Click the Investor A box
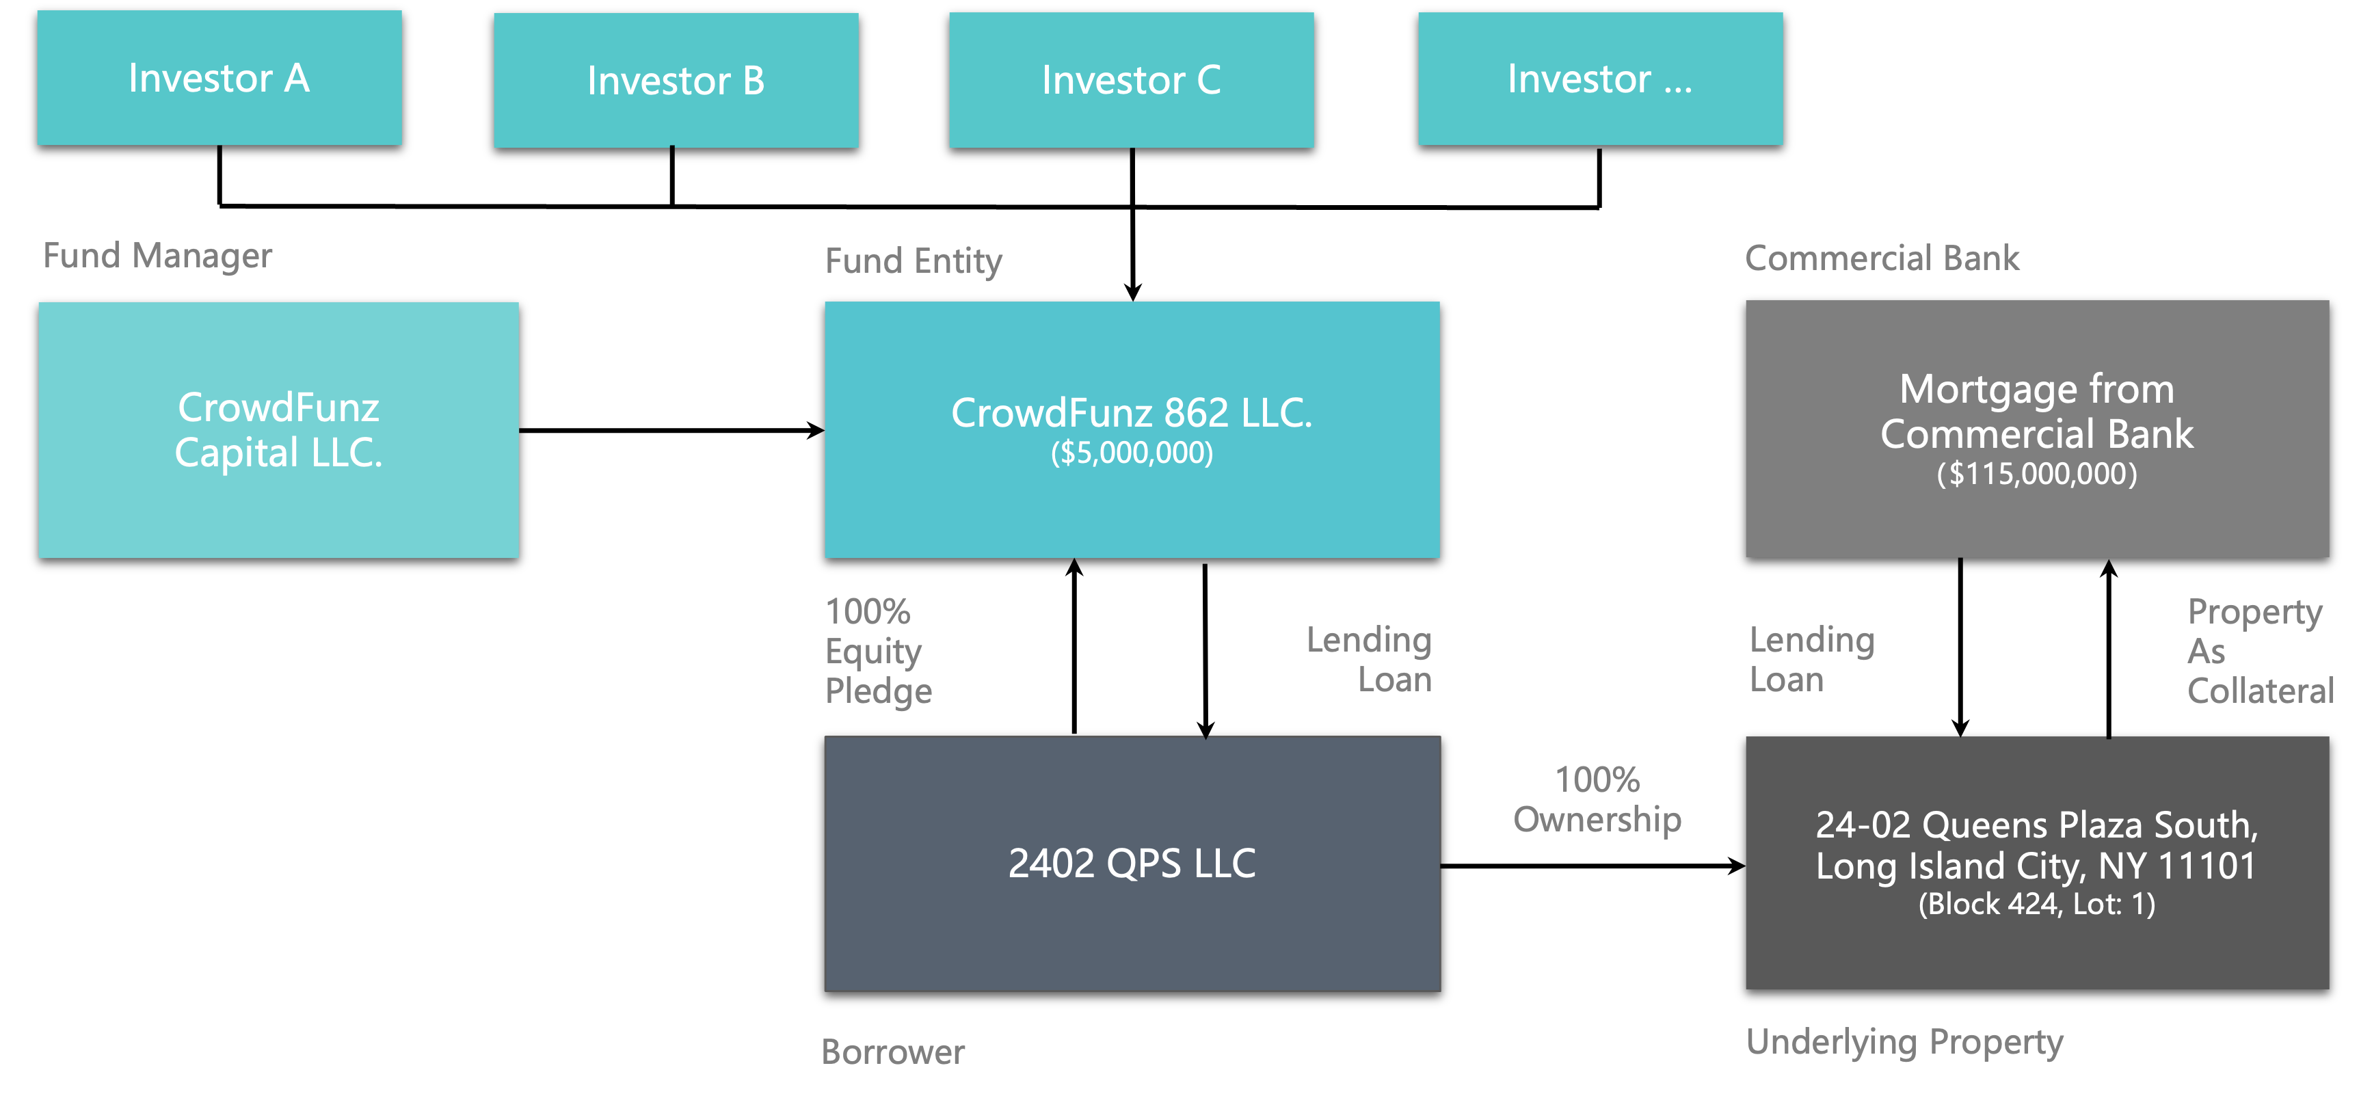219,79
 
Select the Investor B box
676,80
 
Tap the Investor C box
1132,80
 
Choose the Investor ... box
1600,79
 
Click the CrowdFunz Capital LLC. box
278,430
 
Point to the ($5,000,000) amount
1132,453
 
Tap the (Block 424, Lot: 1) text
2037,905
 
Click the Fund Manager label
157,256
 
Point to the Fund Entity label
914,262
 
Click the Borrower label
892,1052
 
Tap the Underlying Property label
1904,1043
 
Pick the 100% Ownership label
1597,799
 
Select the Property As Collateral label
2261,651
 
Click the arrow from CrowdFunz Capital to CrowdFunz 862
672,430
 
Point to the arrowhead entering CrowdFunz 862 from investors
1132,293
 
